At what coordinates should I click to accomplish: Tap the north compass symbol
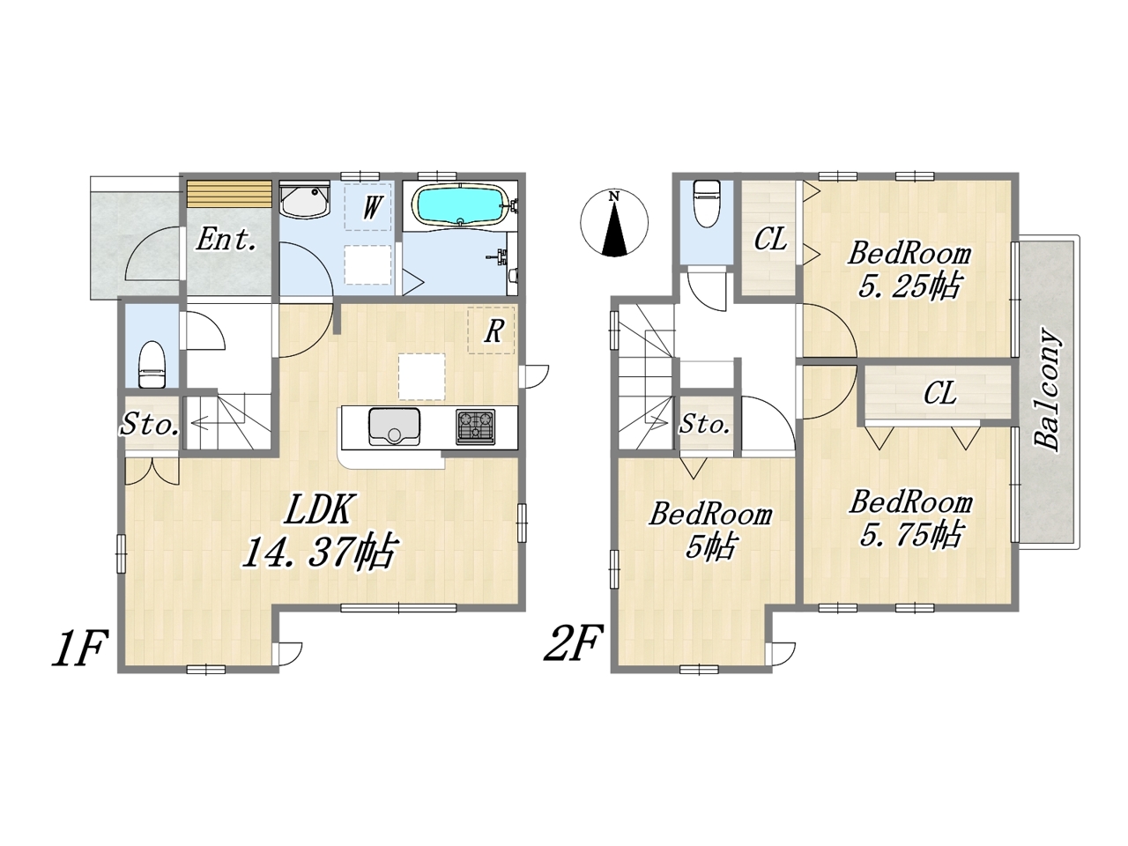tap(614, 223)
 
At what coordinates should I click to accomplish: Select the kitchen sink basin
tap(394, 427)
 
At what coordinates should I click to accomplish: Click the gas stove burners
tap(475, 427)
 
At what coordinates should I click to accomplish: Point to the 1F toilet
tap(152, 364)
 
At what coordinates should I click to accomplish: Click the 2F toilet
tap(706, 203)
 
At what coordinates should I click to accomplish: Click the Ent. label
tap(226, 240)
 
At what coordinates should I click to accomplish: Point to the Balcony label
tap(1047, 390)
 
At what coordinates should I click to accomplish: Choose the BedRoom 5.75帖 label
tap(910, 518)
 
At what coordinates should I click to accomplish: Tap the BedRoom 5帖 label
tap(710, 531)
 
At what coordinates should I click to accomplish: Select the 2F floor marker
tap(572, 642)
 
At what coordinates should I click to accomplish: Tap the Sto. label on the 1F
tap(150, 425)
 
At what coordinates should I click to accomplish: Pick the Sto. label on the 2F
tap(704, 424)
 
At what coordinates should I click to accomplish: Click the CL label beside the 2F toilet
tap(770, 239)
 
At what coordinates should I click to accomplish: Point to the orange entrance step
tap(229, 193)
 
